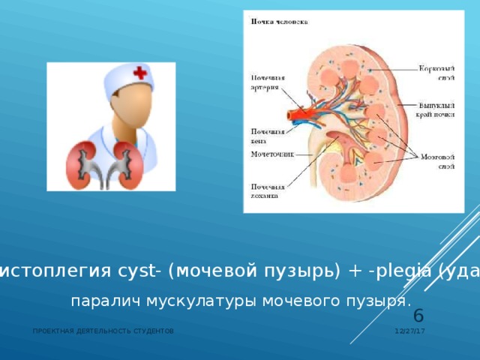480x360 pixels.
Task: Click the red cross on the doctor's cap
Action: click(139, 73)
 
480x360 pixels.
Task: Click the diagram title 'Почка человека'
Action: click(278, 22)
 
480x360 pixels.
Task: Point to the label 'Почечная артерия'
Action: click(263, 81)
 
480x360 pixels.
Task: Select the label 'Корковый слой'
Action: click(437, 71)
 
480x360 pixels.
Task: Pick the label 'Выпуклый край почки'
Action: click(438, 110)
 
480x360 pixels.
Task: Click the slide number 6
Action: click(418, 316)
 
